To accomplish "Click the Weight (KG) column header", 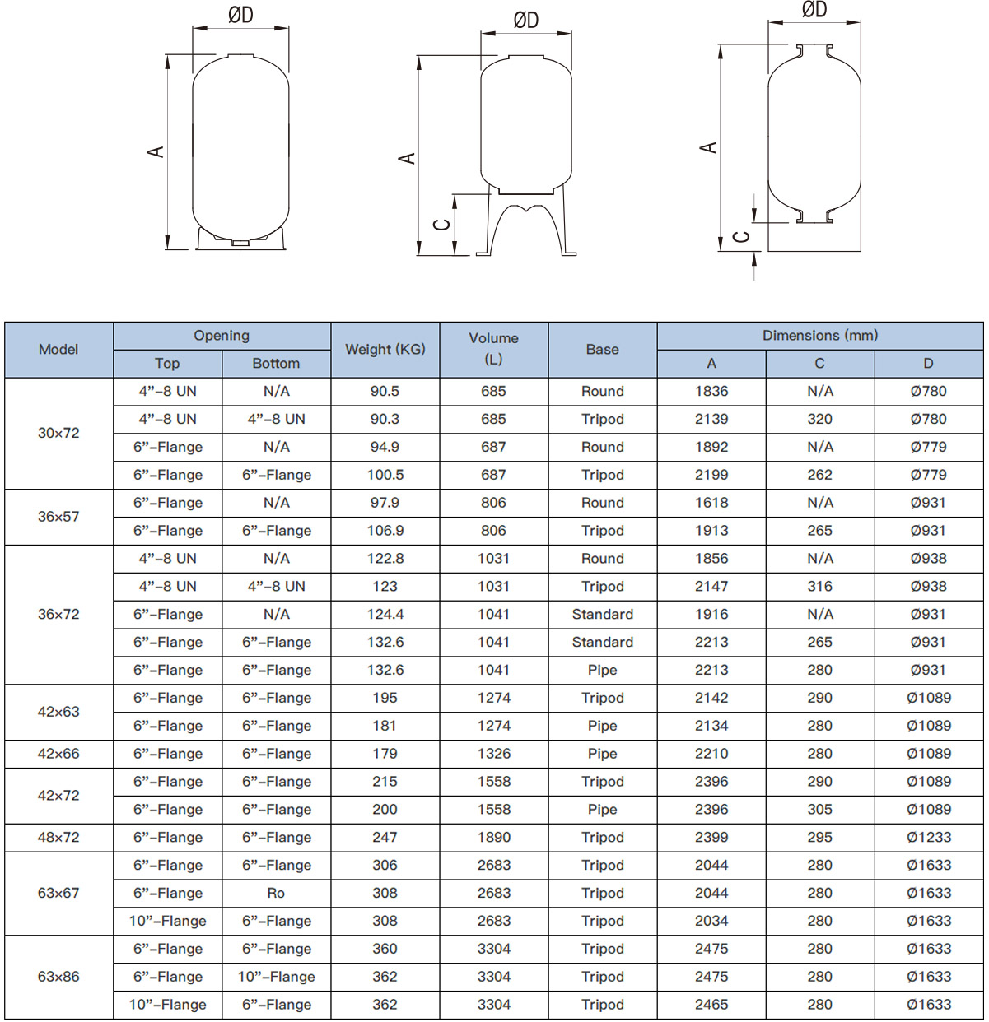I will tap(385, 350).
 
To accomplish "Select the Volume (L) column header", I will tap(493, 350).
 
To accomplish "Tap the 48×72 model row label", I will tap(58, 838).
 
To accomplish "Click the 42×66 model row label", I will tap(58, 754).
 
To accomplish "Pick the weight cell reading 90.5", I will tap(385, 392).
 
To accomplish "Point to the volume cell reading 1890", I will tap(493, 838).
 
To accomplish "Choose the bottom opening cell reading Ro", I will tap(276, 894).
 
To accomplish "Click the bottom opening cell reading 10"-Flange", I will tap(276, 978).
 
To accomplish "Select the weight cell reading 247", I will tap(385, 838).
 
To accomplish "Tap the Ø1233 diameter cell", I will tap(928, 838).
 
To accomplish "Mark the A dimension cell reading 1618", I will tap(711, 503).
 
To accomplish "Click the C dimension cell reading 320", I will tap(819, 420).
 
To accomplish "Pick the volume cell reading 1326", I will tap(493, 754).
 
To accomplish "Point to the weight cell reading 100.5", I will tap(385, 476).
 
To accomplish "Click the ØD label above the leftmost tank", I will tap(240, 16).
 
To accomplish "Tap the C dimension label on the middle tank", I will tap(442, 225).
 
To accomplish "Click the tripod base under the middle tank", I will tap(527, 226).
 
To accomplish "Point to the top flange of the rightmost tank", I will tap(814, 51).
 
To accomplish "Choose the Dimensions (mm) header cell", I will tap(819, 336).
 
